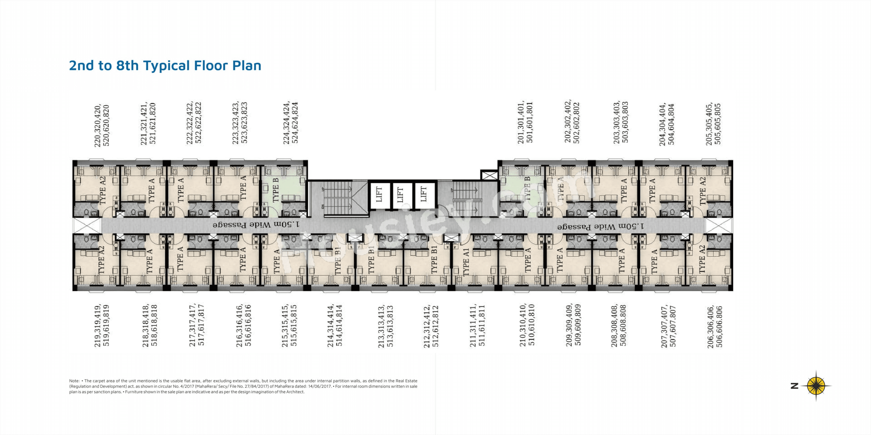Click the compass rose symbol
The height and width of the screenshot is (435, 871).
(x=816, y=386)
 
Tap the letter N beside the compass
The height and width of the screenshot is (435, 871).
(x=795, y=386)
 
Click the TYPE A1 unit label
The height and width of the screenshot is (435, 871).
(x=466, y=262)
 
